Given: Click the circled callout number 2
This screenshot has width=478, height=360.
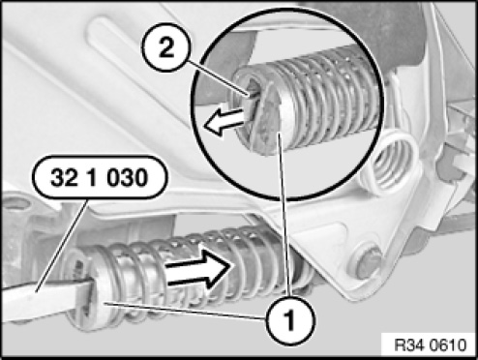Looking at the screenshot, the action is tap(166, 48).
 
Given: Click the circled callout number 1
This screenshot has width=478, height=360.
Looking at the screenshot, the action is tap(289, 319).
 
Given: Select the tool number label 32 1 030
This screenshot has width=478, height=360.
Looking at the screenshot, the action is tap(100, 177).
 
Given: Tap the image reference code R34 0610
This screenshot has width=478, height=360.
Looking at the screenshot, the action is tap(431, 345).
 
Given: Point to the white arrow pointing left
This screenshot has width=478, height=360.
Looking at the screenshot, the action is tap(224, 122).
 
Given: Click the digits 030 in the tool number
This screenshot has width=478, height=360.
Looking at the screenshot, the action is tap(128, 178).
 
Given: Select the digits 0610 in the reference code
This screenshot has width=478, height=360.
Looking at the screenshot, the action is tap(449, 345).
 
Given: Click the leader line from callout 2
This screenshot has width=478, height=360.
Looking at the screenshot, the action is tap(215, 78).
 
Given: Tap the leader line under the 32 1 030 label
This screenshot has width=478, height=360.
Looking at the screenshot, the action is tap(62, 246).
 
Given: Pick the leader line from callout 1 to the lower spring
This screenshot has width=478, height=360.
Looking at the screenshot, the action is tap(185, 311).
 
